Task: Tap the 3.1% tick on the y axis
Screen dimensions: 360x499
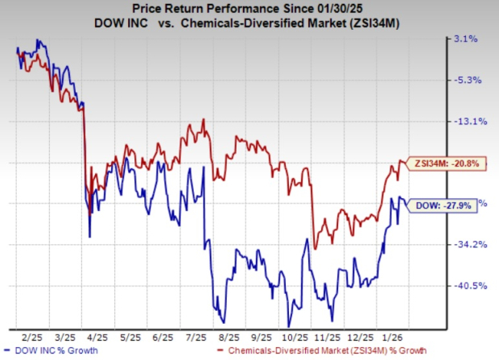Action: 468,38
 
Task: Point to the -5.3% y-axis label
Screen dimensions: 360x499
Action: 468,80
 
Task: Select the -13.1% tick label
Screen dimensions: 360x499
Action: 468,122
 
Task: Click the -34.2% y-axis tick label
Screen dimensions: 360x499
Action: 468,244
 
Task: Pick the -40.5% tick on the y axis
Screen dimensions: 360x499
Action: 468,286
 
